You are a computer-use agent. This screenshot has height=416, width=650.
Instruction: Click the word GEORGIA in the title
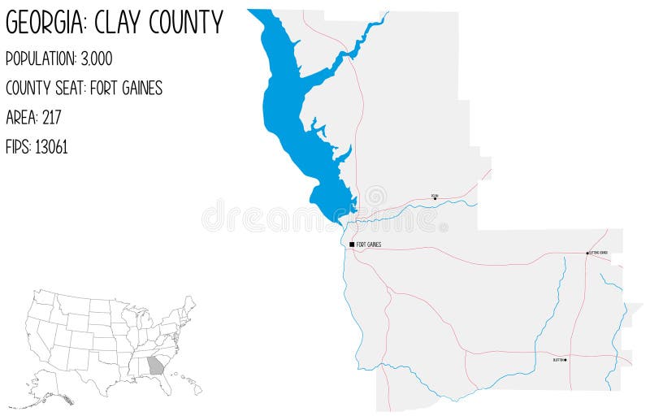[x=45, y=23]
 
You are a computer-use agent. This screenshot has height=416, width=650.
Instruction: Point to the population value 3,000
[x=96, y=58]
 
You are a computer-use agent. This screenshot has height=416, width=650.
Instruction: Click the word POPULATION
[x=39, y=58]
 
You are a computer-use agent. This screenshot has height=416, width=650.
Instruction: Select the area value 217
[x=50, y=118]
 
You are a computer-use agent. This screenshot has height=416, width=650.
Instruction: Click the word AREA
[x=19, y=118]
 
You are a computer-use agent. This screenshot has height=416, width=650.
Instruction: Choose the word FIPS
[x=18, y=147]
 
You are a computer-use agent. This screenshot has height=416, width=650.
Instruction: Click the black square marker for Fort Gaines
[x=352, y=244]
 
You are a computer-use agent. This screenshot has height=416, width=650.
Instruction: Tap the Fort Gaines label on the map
[x=369, y=244]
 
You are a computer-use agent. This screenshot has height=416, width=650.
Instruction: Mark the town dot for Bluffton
[x=565, y=358]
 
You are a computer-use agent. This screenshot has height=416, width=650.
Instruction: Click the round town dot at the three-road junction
[x=587, y=253]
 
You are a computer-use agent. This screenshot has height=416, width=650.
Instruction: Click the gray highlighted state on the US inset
[x=156, y=365]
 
